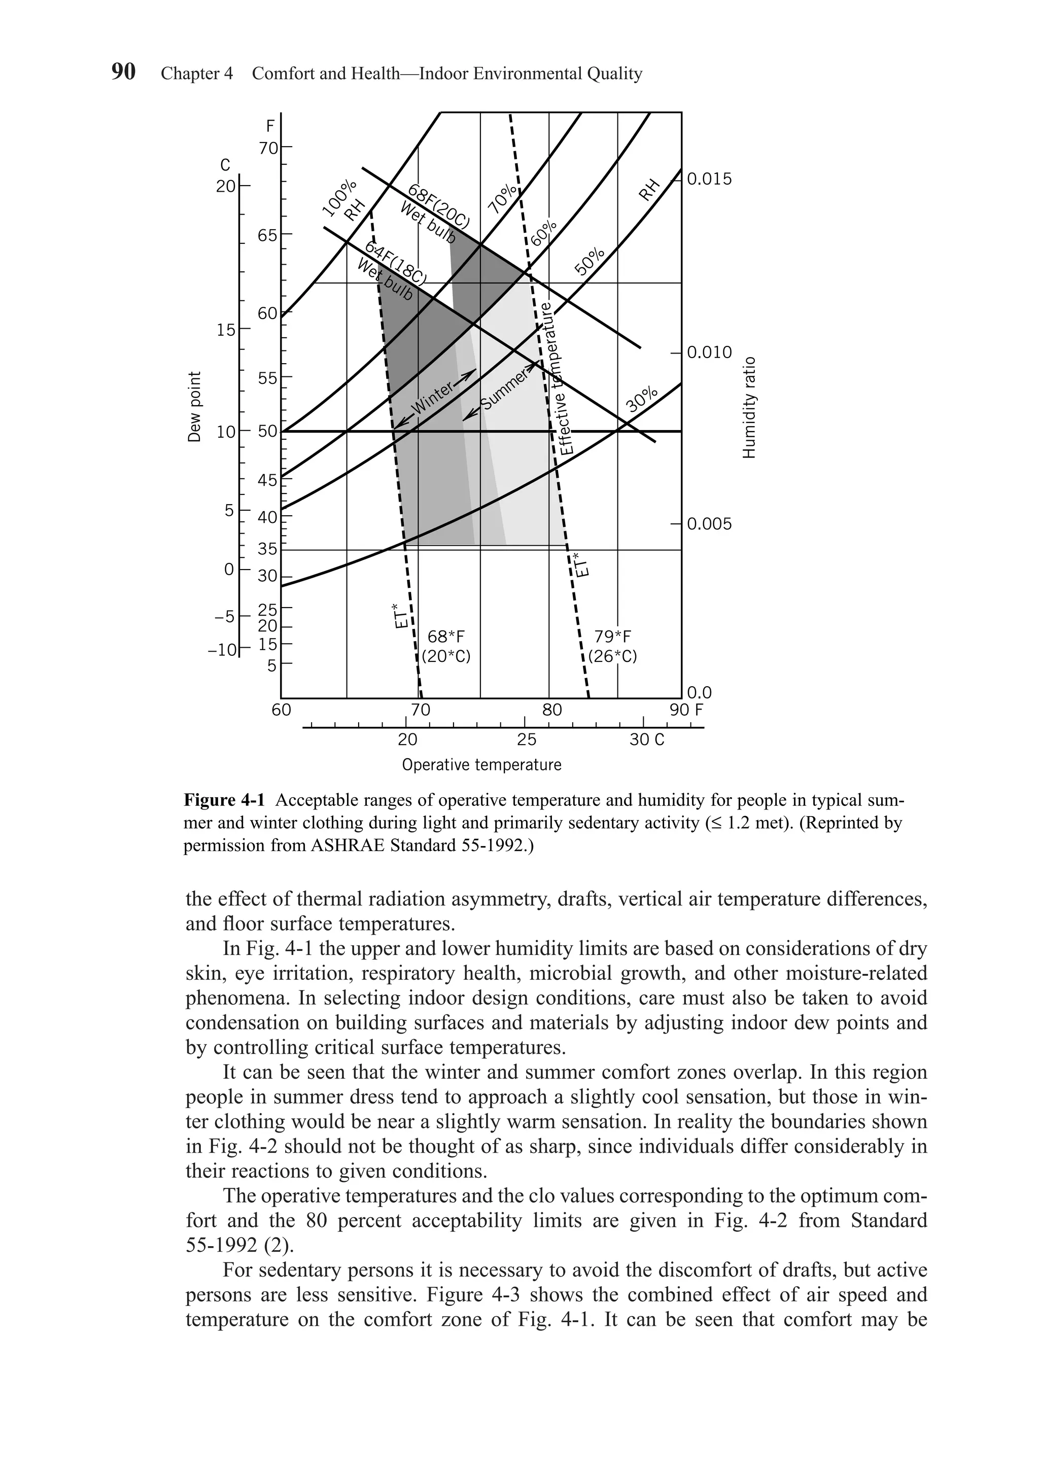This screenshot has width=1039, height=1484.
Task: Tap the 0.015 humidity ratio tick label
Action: pos(709,179)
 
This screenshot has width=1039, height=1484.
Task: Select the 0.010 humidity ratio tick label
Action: pos(709,353)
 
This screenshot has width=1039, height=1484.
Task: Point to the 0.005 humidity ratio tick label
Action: pos(709,523)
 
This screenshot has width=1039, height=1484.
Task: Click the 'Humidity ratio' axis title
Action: pos(749,408)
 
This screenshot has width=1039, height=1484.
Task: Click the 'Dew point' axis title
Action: pos(194,408)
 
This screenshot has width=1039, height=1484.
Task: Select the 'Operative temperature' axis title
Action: pos(481,765)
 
